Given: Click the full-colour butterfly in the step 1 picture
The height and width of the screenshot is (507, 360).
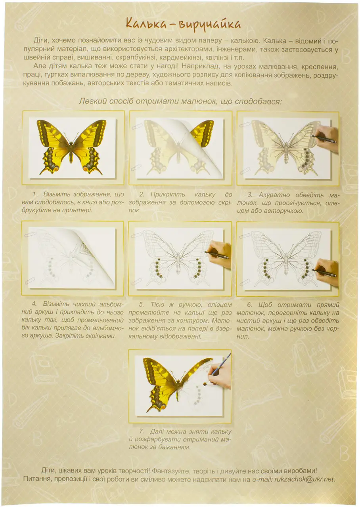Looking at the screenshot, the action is point(72,147).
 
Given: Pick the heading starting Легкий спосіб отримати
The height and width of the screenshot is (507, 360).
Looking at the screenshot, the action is point(180,101).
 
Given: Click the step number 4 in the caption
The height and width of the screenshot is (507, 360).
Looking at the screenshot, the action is point(34,304).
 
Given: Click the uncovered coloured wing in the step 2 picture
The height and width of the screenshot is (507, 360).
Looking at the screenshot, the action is point(202,133).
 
